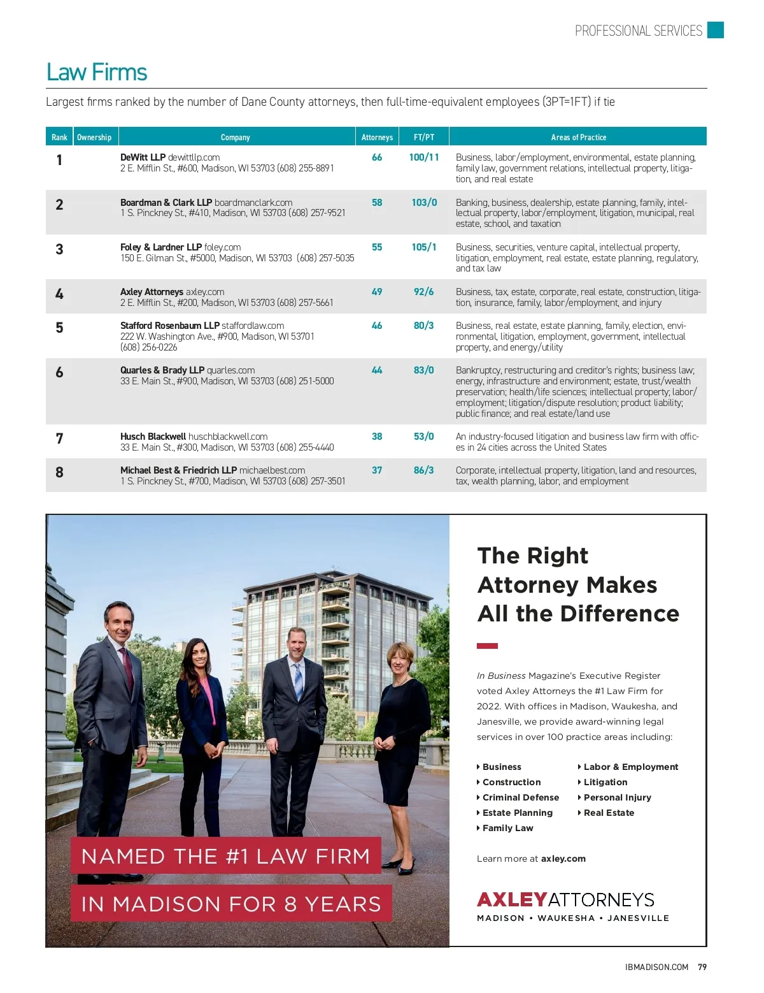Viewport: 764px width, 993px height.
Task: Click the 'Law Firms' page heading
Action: click(97, 73)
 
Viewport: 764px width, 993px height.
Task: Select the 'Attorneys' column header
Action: click(377, 137)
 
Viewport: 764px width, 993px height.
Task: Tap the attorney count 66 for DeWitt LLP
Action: click(377, 157)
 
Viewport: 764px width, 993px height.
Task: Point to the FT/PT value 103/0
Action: click(424, 203)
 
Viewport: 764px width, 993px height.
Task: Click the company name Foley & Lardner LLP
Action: click(161, 247)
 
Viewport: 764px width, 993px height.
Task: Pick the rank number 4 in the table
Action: click(59, 294)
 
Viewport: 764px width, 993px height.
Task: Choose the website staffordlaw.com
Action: click(253, 326)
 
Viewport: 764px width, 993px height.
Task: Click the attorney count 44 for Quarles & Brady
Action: click(377, 370)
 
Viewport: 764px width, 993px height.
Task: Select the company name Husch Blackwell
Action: click(153, 437)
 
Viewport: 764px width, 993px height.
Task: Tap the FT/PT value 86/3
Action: click(424, 470)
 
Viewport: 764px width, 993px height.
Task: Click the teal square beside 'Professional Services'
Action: click(716, 30)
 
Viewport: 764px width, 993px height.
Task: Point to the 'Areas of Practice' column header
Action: click(578, 137)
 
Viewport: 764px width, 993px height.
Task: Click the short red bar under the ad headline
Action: click(487, 646)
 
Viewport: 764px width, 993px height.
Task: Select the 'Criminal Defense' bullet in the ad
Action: click(520, 797)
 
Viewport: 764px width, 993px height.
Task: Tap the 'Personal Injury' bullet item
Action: click(617, 797)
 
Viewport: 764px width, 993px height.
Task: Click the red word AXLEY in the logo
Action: click(512, 899)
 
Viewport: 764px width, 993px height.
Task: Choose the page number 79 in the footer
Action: click(702, 967)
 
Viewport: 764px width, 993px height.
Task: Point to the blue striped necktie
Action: click(298, 682)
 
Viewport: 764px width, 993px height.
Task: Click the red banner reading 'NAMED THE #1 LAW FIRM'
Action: click(225, 856)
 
